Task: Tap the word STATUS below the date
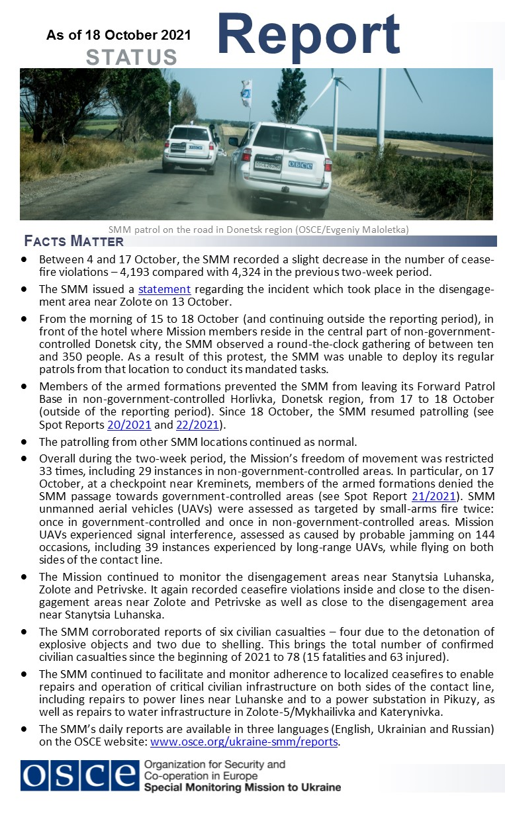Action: click(x=132, y=58)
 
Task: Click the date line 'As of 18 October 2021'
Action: click(x=118, y=35)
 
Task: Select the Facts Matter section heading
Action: click(x=73, y=241)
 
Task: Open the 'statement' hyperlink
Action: click(x=164, y=289)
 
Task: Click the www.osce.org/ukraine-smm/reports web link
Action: click(x=245, y=742)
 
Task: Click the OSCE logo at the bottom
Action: click(x=79, y=775)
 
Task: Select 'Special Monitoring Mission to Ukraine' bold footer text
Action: click(x=242, y=787)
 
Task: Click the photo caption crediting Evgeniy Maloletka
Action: click(x=258, y=230)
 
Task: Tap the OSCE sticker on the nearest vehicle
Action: click(x=299, y=164)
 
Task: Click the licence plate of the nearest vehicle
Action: click(x=267, y=165)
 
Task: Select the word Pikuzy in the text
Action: click(x=459, y=700)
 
